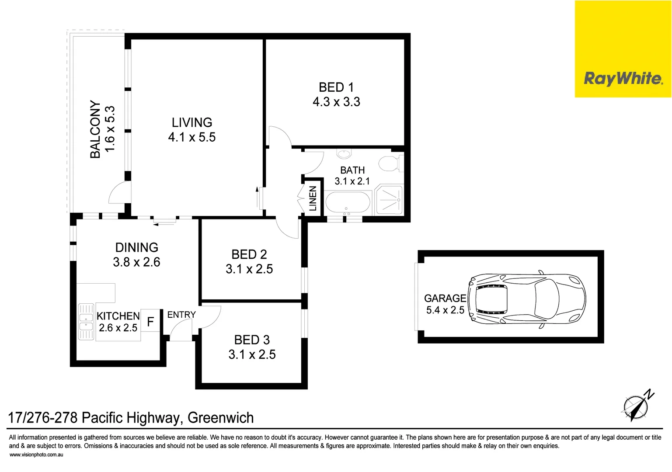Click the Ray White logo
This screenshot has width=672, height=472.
pos(623,79)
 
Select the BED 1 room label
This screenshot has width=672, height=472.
pos(336,87)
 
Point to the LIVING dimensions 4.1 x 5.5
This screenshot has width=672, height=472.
pos(192,137)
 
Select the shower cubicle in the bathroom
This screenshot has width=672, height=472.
pos(389,200)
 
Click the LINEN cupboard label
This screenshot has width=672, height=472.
pos(313,198)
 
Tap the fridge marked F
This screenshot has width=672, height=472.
pos(150,322)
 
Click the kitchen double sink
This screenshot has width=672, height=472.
pos(86,321)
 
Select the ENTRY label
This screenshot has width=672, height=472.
pos(181,315)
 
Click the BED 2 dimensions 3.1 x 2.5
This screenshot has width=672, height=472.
pos(249,269)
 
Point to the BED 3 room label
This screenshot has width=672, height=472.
pos(252,340)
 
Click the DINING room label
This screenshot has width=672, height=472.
pos(136,247)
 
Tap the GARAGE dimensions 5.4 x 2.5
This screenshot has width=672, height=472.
pos(445,310)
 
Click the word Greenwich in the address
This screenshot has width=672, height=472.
pos(220,418)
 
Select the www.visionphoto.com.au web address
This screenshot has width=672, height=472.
pos(36,455)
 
